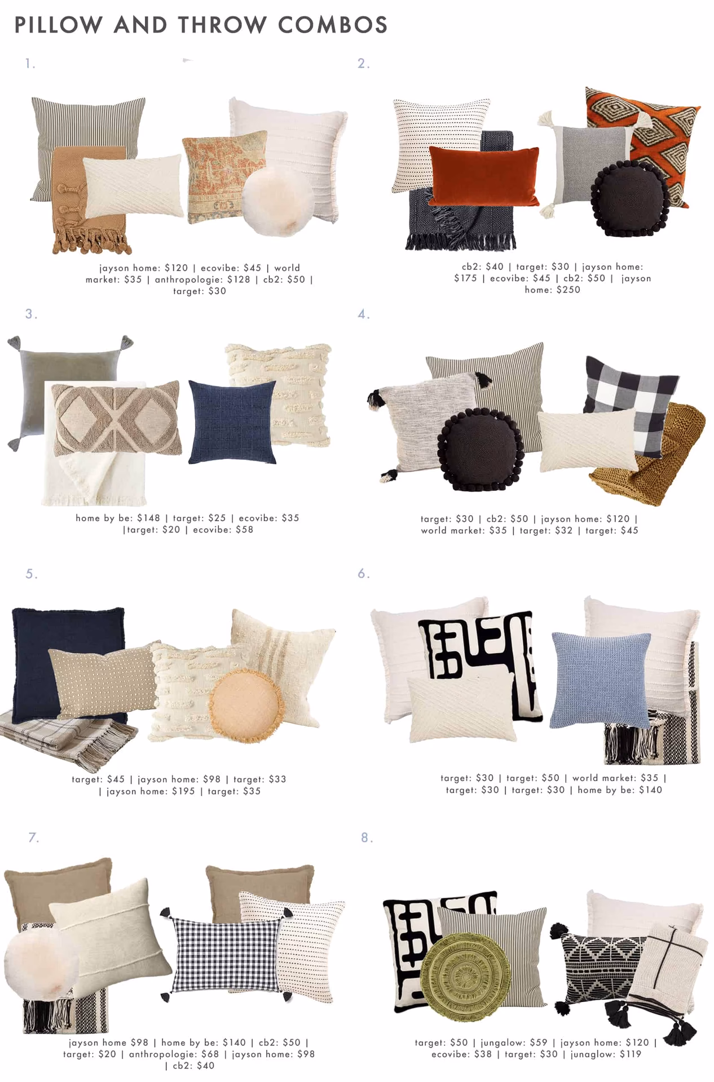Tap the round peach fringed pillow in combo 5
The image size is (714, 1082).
pos(244,704)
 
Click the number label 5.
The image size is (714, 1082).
pos(31,574)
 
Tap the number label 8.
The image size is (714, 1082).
pos(367,838)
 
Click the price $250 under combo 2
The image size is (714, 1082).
pos(567,290)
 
